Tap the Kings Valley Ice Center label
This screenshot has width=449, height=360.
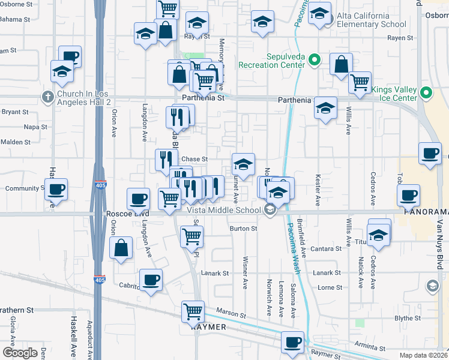[x=394, y=94]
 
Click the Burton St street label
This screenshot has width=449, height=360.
[x=243, y=229]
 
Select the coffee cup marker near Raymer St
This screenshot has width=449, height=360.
[x=293, y=342]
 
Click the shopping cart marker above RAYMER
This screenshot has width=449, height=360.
[x=193, y=311]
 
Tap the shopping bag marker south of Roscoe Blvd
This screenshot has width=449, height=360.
[x=121, y=247]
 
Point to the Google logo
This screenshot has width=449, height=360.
[x=20, y=353]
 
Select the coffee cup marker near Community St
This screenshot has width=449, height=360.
[x=56, y=190]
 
